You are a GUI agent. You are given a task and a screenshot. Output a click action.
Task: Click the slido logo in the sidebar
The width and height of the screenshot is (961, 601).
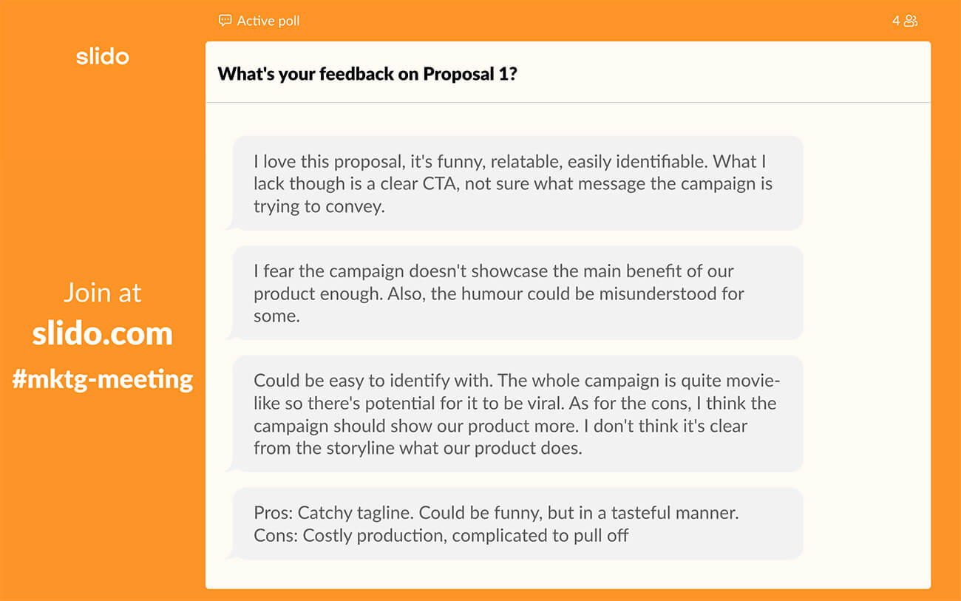click(x=103, y=57)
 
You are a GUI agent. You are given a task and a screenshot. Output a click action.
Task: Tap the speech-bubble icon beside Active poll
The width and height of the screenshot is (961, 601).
click(x=225, y=21)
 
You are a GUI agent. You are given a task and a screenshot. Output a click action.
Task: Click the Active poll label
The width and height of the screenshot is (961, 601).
click(x=268, y=21)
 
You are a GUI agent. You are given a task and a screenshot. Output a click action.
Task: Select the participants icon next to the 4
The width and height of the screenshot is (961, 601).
click(x=911, y=21)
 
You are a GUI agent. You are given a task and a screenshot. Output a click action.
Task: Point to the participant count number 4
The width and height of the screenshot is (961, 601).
click(x=896, y=21)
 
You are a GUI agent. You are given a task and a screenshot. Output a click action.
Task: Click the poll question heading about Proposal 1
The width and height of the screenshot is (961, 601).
click(x=367, y=74)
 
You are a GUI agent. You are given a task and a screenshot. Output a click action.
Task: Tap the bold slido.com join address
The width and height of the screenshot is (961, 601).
click(x=103, y=333)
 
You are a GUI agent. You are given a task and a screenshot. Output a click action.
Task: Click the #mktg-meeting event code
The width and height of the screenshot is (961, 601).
click(x=103, y=380)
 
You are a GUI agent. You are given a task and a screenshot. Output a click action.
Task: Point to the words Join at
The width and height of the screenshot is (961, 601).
click(x=103, y=293)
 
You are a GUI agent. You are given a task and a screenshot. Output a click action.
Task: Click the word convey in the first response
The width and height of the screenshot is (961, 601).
click(x=355, y=207)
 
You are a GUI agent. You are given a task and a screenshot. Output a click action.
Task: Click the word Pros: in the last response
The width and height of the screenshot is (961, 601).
click(x=274, y=513)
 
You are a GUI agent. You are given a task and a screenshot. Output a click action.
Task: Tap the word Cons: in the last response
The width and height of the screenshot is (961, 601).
click(x=276, y=536)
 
